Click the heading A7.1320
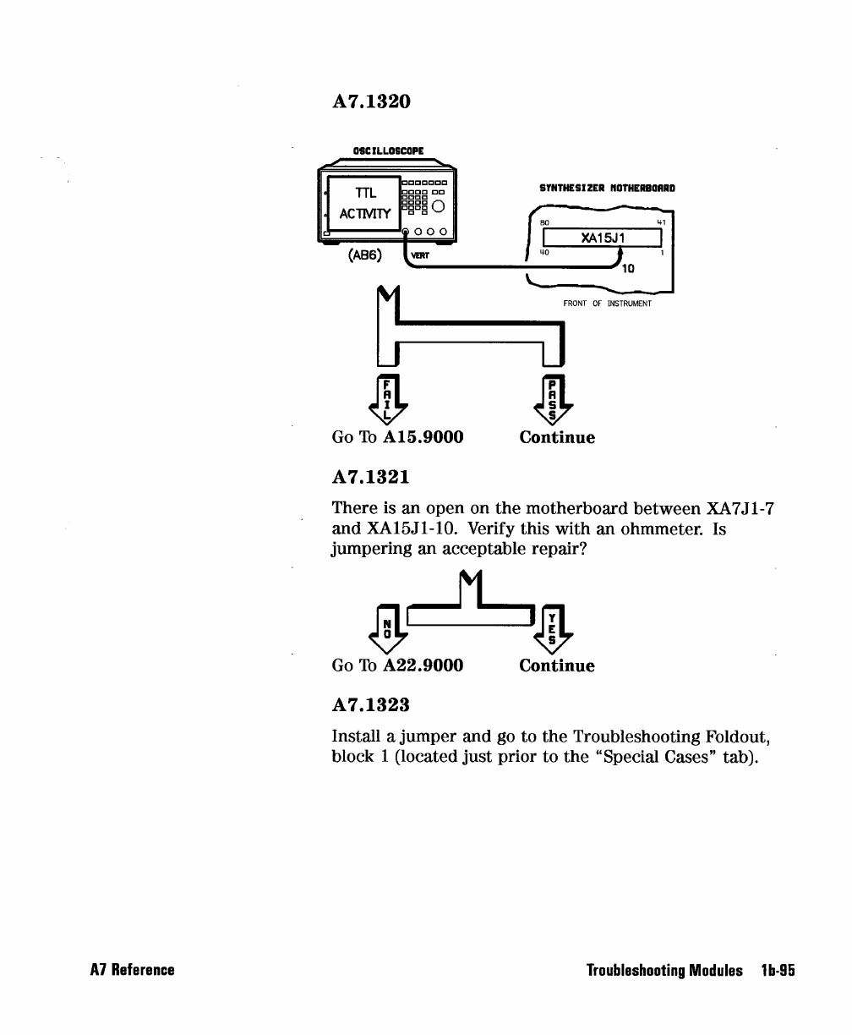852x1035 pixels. pyautogui.click(x=371, y=101)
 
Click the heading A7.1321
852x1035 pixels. pyautogui.click(x=371, y=477)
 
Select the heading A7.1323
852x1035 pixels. pyautogui.click(x=371, y=704)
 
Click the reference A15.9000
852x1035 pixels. pyautogui.click(x=423, y=438)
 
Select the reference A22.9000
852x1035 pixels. pyautogui.click(x=423, y=666)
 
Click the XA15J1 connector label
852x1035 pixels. pyautogui.click(x=602, y=238)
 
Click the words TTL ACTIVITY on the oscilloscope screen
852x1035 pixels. pyautogui.click(x=364, y=203)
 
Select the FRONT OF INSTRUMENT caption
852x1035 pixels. pyautogui.click(x=607, y=304)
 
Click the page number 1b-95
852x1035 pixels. pyautogui.click(x=774, y=971)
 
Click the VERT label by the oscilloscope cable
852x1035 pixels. pyautogui.click(x=420, y=255)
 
